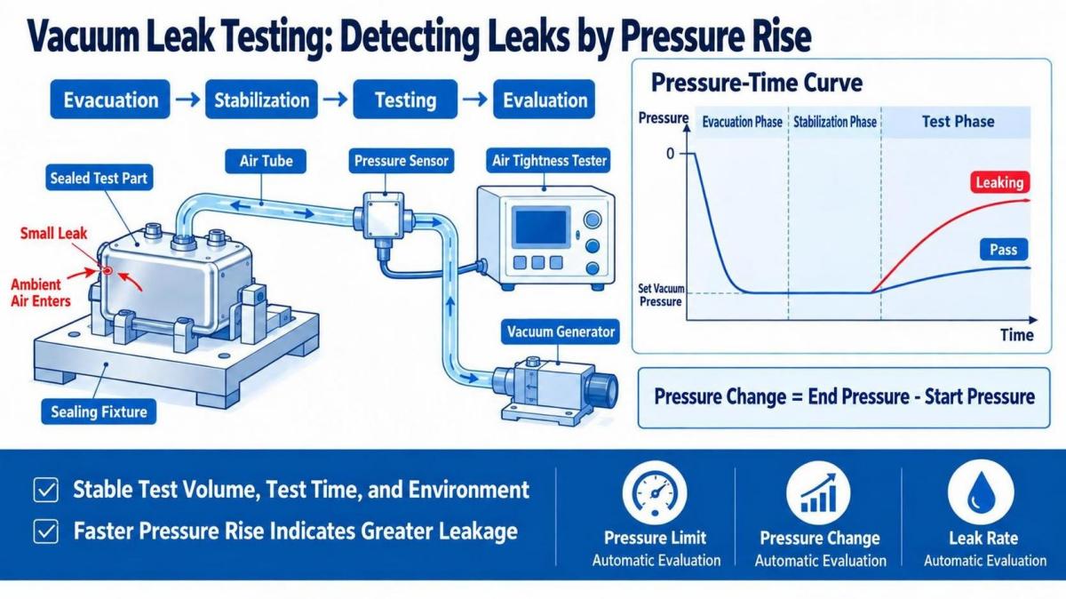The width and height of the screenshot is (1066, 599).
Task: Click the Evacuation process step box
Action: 110,99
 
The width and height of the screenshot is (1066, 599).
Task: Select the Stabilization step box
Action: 261,99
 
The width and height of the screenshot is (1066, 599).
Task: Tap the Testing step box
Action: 405,99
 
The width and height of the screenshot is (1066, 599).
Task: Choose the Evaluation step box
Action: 544,99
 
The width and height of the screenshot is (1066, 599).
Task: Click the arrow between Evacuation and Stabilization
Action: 187,100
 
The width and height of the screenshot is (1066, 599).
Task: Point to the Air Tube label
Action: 266,161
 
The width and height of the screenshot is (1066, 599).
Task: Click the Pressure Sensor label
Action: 402,161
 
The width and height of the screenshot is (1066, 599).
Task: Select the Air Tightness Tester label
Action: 549,161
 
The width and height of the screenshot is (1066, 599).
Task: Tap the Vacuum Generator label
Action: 561,331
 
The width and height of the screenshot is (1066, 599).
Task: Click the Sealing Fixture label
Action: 99,411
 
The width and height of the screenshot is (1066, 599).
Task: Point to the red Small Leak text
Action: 53,234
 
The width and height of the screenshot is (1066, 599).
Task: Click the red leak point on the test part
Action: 107,270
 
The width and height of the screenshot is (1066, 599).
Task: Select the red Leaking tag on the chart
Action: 999,182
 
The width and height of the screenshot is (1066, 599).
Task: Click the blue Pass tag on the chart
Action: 1003,250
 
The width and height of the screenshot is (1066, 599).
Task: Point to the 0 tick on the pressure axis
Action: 670,154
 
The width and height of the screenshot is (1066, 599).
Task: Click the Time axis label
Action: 1016,335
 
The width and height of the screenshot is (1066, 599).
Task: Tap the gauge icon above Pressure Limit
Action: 655,492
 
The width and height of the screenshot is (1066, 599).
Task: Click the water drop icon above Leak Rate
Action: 981,492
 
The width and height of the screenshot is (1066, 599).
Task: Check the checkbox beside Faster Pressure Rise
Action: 45,531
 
